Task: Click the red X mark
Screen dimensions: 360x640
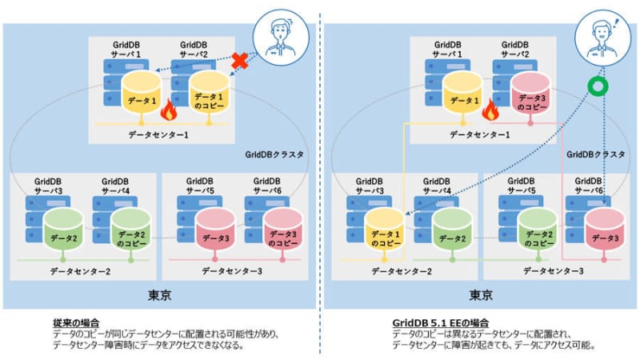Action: (237, 59)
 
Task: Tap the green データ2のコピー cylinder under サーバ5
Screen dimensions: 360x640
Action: (535, 227)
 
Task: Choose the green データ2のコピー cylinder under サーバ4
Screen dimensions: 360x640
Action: (130, 227)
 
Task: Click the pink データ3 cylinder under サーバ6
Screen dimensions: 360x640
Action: (605, 227)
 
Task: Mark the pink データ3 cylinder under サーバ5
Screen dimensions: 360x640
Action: (215, 227)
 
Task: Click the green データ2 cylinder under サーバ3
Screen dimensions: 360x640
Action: (63, 227)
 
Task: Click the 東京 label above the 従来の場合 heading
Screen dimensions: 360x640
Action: (159, 294)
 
